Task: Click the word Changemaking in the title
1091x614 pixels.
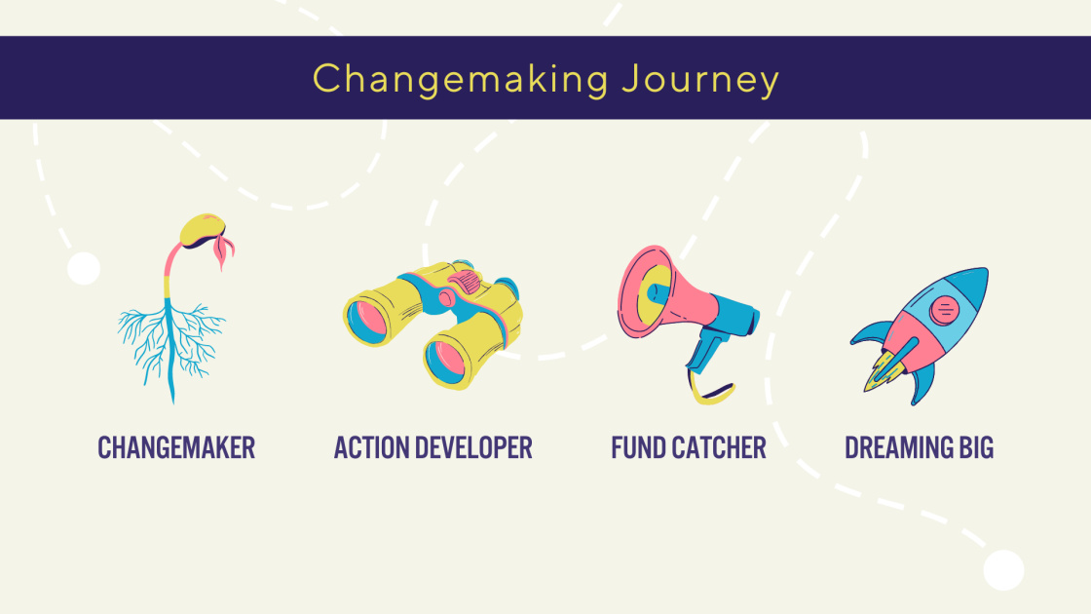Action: click(x=461, y=79)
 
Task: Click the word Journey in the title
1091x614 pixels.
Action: click(x=700, y=79)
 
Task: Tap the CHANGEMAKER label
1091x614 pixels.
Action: click(x=176, y=447)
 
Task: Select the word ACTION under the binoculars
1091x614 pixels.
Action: click(x=370, y=447)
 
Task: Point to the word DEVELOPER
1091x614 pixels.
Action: click(x=473, y=447)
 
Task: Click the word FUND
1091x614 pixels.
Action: click(x=637, y=447)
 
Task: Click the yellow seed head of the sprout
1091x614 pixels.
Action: click(x=202, y=229)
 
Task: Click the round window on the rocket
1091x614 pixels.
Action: click(x=944, y=310)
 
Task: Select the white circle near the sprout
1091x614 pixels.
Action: click(x=84, y=269)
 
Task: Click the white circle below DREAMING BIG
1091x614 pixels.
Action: click(x=1003, y=570)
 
